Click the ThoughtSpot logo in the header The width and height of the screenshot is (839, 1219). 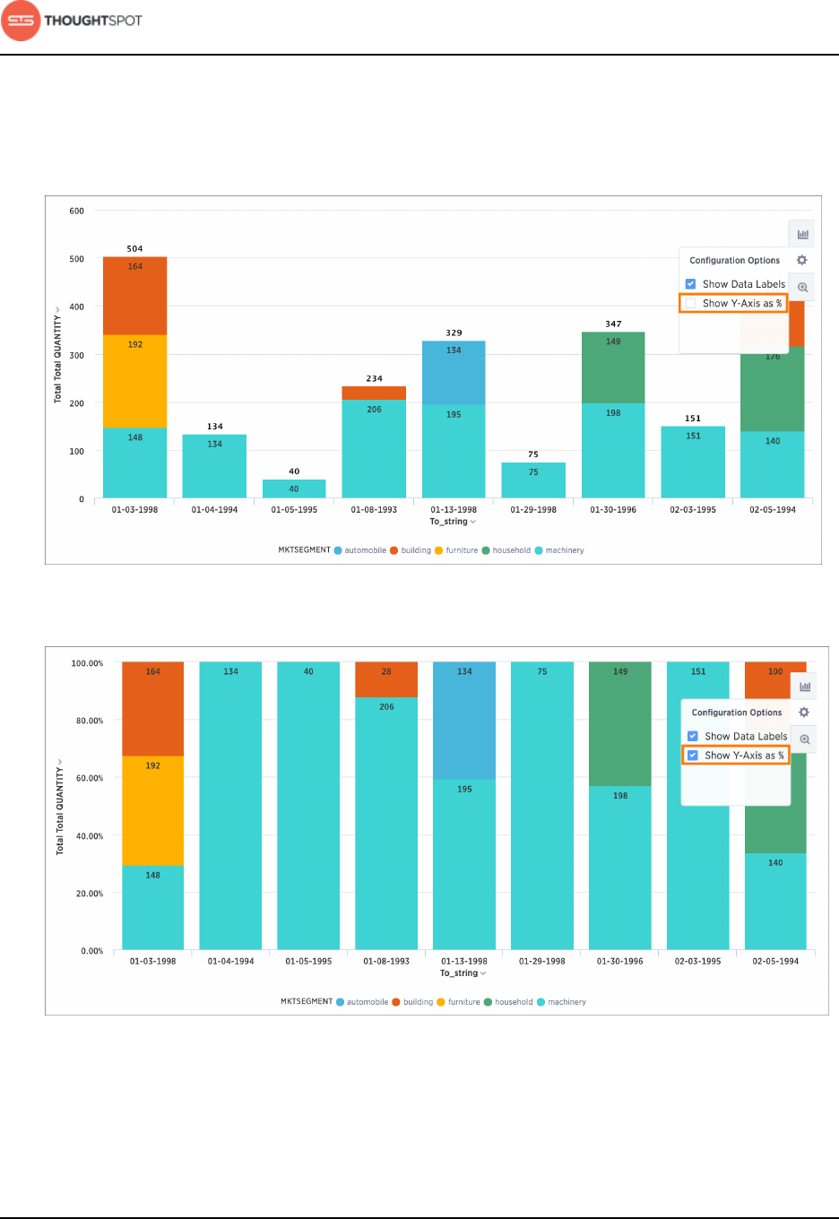(72, 21)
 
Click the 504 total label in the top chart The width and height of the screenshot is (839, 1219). (134, 248)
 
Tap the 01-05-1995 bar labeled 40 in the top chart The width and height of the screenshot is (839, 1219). (294, 488)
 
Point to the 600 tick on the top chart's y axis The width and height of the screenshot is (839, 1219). (77, 212)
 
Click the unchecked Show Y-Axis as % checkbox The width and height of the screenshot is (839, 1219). (691, 304)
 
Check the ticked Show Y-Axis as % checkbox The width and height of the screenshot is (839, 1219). (693, 756)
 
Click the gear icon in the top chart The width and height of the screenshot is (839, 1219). (802, 260)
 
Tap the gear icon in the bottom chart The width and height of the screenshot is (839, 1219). (804, 712)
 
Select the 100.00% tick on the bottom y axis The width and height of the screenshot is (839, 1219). (87, 663)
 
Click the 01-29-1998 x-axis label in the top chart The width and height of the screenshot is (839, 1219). (533, 510)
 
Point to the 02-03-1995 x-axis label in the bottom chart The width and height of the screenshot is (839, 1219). (697, 961)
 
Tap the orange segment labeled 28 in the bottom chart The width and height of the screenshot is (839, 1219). (386, 679)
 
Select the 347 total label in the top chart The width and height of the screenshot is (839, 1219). (613, 324)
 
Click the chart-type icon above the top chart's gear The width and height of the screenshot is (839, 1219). (802, 234)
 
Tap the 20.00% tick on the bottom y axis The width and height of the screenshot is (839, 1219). (90, 894)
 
